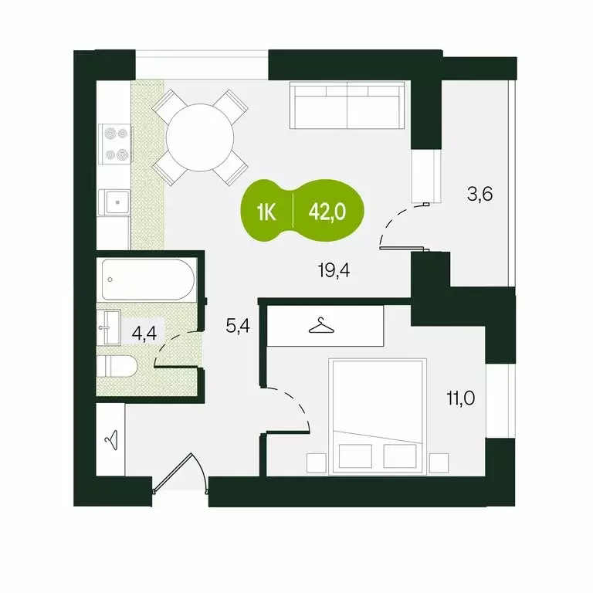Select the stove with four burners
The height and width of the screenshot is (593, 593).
point(116,144)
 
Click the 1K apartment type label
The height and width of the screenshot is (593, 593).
point(267,212)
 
